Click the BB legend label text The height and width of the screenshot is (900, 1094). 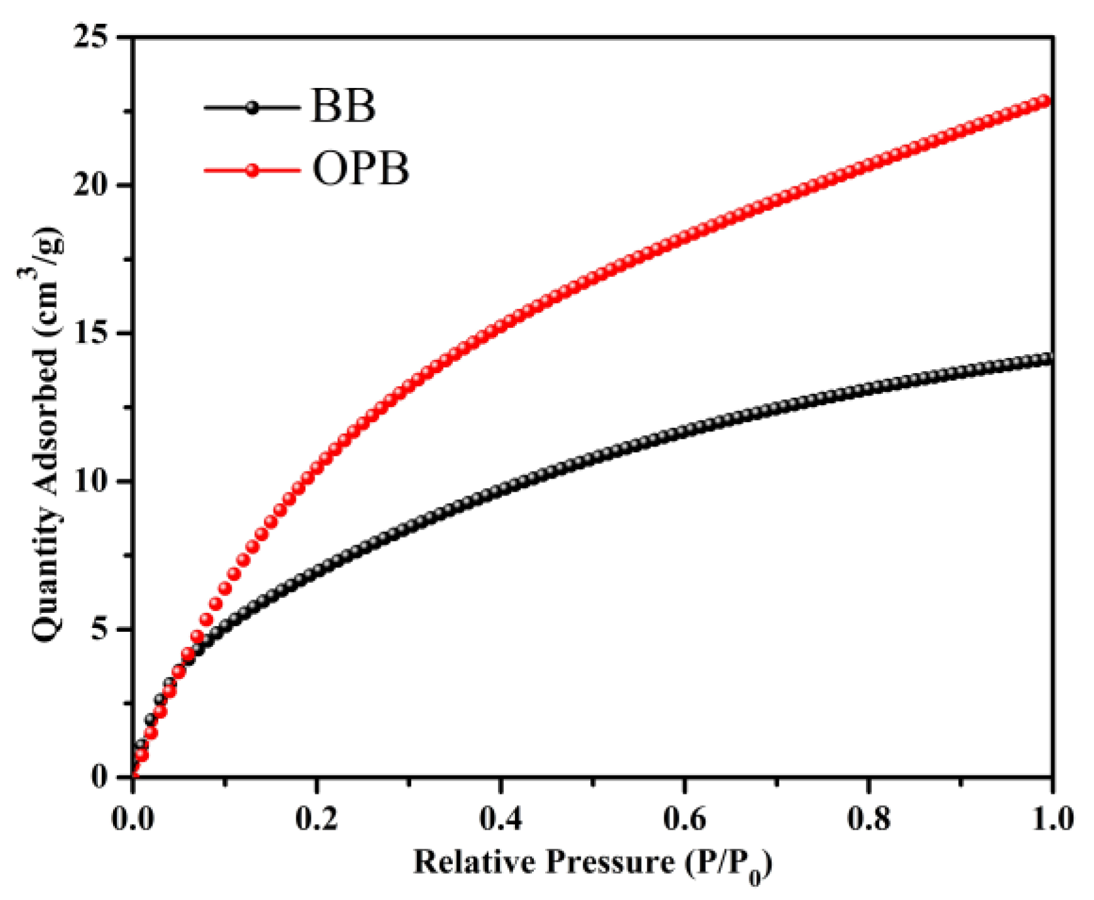pyautogui.click(x=343, y=107)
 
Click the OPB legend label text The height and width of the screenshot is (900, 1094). pyautogui.click(x=360, y=170)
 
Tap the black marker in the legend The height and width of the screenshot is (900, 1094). pyautogui.click(x=252, y=107)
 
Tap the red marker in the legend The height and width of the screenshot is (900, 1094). pyautogui.click(x=252, y=170)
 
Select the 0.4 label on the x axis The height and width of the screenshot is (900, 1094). pyautogui.click(x=500, y=818)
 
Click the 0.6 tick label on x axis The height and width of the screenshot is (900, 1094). pyautogui.click(x=685, y=818)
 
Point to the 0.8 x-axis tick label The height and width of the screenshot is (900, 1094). pyautogui.click(x=869, y=818)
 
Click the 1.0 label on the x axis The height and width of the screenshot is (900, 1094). pyautogui.click(x=1051, y=818)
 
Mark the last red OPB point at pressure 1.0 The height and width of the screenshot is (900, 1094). pyautogui.click(x=1044, y=101)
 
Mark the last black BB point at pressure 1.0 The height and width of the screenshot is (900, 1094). pyautogui.click(x=1045, y=360)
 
